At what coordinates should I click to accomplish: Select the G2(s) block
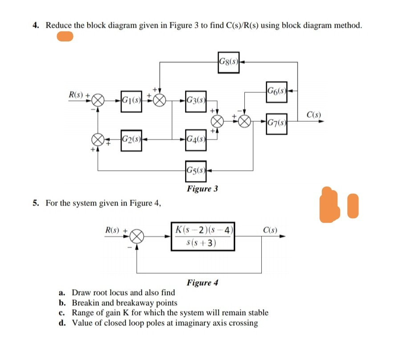(131, 138)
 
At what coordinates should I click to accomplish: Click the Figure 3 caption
(202, 189)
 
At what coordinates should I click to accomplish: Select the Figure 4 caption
(203, 282)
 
